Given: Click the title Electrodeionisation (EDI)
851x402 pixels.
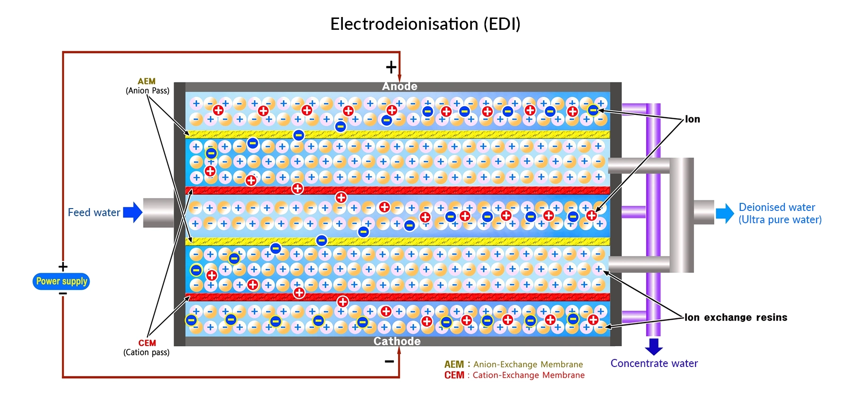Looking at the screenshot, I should (425, 24).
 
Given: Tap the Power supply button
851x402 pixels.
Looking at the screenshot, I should (61, 281).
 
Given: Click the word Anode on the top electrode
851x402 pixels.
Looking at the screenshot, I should (399, 87).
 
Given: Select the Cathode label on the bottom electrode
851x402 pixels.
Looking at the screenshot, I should (397, 341).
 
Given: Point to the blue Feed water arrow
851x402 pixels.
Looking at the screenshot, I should (133, 212).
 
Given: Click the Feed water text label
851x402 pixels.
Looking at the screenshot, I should (94, 213).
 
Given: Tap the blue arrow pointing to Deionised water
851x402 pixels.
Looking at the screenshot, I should (724, 213).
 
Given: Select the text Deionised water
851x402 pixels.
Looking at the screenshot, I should (777, 207).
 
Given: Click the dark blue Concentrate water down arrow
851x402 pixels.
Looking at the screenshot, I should (654, 346).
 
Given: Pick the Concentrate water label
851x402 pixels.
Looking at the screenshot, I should (654, 363).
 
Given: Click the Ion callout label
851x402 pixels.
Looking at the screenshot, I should (693, 119).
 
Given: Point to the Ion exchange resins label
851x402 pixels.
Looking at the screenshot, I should (736, 317).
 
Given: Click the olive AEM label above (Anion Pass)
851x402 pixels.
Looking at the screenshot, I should (147, 81).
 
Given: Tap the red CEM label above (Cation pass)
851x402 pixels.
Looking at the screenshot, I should (147, 343).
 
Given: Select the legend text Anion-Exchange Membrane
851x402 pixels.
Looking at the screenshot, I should (528, 364).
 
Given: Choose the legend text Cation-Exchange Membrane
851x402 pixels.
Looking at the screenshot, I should (528, 375).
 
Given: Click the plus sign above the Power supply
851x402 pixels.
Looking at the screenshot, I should (63, 267).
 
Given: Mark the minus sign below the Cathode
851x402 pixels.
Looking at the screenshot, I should (389, 362).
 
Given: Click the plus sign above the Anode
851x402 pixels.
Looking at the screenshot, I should (391, 67).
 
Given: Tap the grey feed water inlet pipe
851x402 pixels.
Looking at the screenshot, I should (158, 213).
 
